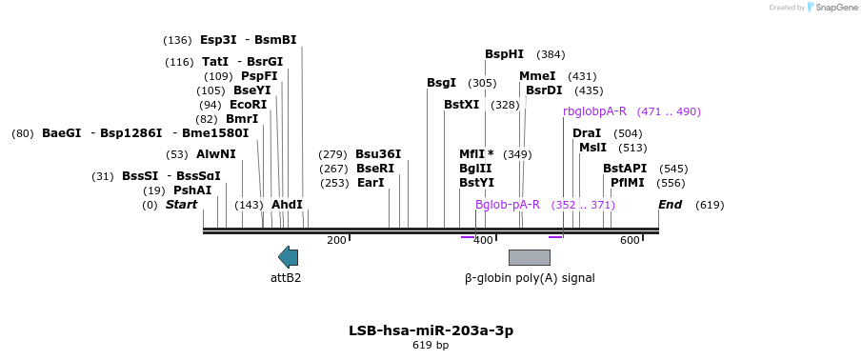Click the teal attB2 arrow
288,257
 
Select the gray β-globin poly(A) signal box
530,257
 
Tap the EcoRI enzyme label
248,105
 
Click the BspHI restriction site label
504,54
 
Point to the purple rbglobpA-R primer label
594,111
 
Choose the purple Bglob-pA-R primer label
508,205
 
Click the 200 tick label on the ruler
336,240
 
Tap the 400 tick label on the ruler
483,240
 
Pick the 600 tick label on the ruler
630,240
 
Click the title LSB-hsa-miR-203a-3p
431,330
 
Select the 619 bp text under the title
431,345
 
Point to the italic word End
671,205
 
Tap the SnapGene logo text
837,8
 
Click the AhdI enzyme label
287,205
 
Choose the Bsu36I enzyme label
378,154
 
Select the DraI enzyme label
587,133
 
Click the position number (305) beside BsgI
482,83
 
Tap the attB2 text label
286,278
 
